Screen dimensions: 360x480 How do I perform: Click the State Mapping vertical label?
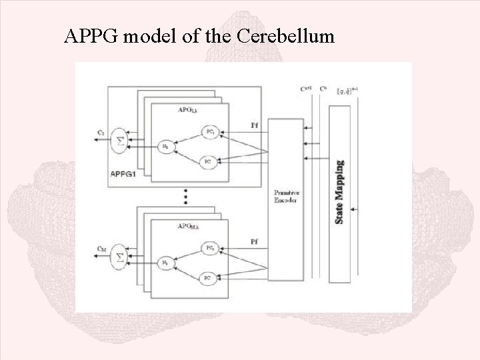pos(340,191)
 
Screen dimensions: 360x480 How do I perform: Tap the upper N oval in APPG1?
pos(167,147)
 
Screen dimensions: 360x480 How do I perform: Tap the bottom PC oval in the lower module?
pos(207,277)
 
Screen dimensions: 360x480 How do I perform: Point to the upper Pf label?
pos(255,125)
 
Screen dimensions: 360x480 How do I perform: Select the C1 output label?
pos(99,134)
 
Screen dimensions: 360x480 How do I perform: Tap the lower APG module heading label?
pos(189,226)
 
